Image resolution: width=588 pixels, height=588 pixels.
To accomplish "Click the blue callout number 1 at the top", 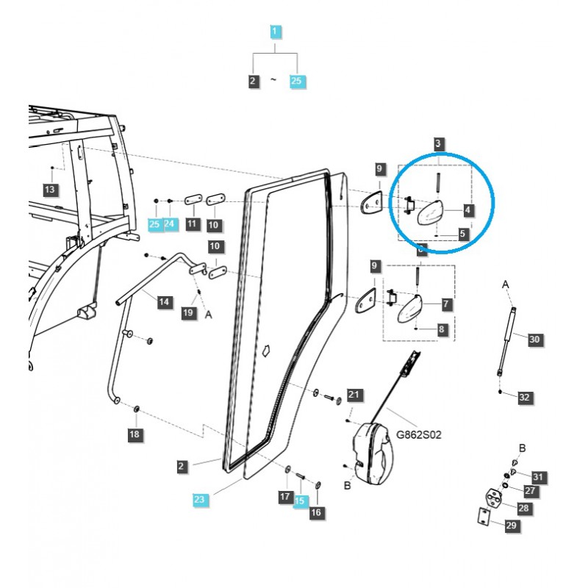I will (274, 32).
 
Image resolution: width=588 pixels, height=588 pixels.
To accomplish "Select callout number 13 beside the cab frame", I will (50, 191).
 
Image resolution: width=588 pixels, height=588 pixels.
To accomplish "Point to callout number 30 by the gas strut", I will (534, 339).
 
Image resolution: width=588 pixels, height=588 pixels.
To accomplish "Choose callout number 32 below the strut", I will (524, 397).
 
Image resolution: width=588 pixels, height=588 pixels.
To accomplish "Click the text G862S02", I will (419, 434).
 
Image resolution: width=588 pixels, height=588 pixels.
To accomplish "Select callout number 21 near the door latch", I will (354, 395).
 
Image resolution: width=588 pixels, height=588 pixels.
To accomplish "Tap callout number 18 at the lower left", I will (135, 435).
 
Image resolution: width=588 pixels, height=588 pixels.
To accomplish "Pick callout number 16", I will (316, 512).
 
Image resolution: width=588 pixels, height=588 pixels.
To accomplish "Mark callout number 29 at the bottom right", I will (511, 525).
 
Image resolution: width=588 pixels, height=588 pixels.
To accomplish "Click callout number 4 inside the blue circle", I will (468, 209).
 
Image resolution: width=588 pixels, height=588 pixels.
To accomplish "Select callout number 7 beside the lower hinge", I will (446, 303).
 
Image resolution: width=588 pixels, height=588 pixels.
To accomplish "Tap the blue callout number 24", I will (171, 223).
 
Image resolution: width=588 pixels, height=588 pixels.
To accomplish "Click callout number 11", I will (192, 223).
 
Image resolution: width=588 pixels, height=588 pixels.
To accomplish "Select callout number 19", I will (188, 313).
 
